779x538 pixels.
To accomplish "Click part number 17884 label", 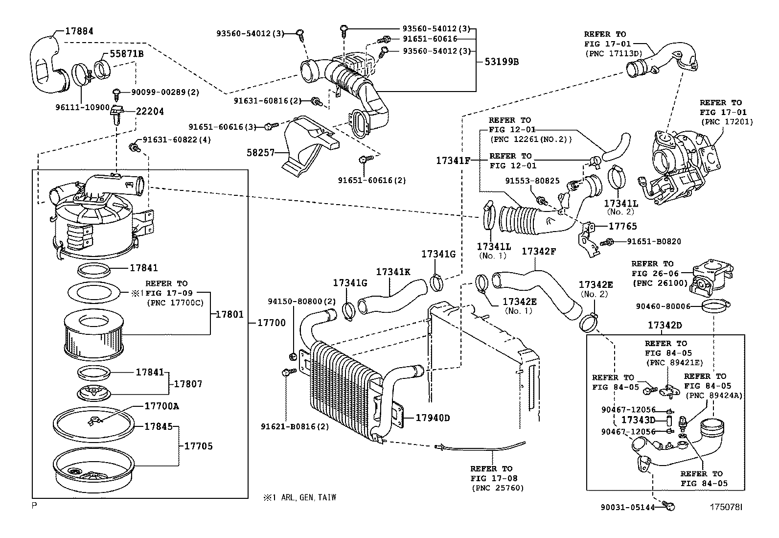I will [79, 31].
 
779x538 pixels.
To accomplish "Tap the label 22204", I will [150, 112].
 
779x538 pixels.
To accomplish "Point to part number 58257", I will [261, 153].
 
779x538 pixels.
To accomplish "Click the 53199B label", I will [502, 62].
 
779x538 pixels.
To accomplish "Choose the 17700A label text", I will [161, 406].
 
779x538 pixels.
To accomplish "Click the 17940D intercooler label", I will [433, 418].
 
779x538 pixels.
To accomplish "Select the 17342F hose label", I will [539, 252].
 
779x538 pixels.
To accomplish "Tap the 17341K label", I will [393, 272].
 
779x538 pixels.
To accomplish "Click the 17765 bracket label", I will [623, 226].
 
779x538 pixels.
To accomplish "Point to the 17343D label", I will [638, 420].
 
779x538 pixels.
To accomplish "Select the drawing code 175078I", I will [726, 508].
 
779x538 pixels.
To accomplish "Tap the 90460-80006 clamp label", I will [663, 306].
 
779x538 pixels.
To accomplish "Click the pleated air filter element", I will [93, 335].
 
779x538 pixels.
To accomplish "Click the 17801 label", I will [229, 314].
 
